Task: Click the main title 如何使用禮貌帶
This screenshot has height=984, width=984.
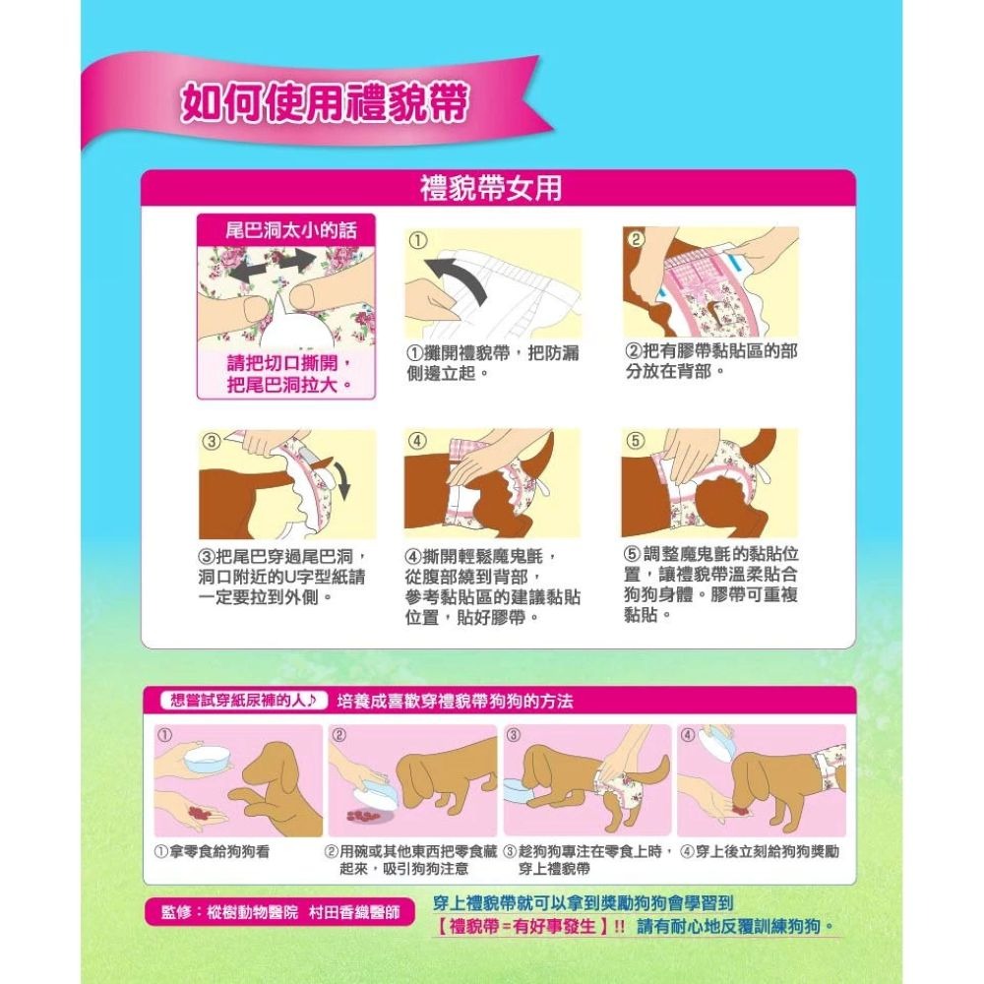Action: tap(323, 103)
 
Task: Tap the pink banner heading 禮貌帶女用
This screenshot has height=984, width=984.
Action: tap(492, 187)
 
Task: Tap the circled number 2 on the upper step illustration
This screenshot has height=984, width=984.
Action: tap(637, 239)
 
